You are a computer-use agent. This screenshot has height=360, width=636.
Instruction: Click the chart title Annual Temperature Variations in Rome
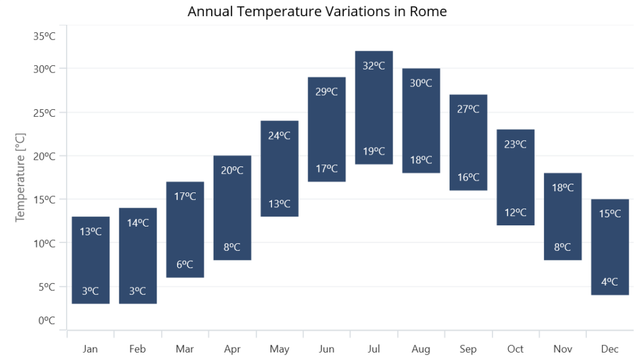coord(317,12)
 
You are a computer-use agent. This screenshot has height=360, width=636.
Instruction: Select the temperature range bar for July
coord(374,107)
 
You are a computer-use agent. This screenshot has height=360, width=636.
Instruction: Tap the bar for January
coord(91,260)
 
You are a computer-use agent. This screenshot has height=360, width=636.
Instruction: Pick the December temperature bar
coord(610,247)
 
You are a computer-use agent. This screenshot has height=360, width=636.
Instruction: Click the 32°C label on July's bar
coord(374,65)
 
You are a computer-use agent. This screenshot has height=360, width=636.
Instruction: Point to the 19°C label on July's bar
coord(374,151)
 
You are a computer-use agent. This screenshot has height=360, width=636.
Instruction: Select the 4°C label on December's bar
coord(610,281)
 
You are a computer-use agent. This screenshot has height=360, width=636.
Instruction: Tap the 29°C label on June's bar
coord(327,92)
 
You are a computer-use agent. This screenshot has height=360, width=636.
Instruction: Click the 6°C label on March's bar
coord(185,264)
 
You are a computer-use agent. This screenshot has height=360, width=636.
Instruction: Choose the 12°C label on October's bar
coord(516,212)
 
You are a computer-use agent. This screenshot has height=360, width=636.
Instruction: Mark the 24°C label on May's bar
coord(279,135)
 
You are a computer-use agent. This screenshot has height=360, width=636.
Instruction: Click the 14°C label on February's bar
coord(138,222)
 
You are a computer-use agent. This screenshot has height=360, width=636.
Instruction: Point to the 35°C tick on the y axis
coord(45,36)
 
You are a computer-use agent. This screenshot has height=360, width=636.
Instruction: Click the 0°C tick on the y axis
coord(47,320)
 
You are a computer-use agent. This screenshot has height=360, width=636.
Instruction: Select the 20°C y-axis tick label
coord(45,156)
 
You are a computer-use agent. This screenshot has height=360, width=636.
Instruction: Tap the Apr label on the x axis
coord(232,349)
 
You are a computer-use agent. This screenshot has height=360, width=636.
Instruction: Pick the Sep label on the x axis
coord(468,349)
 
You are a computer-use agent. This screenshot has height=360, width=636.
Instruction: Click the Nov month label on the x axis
coord(563,349)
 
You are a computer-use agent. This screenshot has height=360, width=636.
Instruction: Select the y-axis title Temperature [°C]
coord(20,177)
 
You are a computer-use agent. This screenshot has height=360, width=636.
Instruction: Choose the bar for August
coord(421,120)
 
